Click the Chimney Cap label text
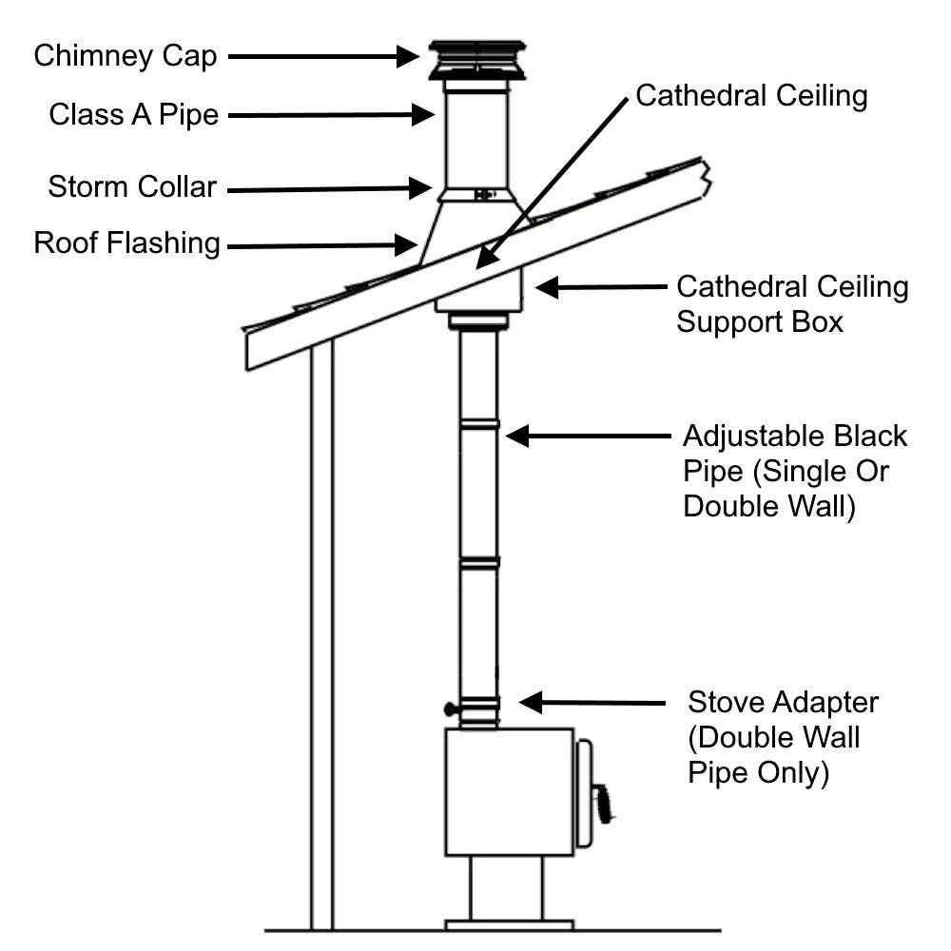pyautogui.click(x=126, y=56)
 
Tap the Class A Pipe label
pyautogui.click(x=134, y=116)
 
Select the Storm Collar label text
pyautogui.click(x=132, y=187)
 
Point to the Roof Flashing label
pyautogui.click(x=126, y=243)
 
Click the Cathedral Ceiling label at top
pyautogui.click(x=751, y=96)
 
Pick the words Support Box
pyautogui.click(x=760, y=321)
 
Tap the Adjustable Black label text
pyautogui.click(x=795, y=437)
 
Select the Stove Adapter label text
pyautogui.click(x=784, y=704)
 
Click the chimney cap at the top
pyautogui.click(x=476, y=60)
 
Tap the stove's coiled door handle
pyautogui.click(x=601, y=804)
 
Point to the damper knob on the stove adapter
pyautogui.click(x=449, y=708)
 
